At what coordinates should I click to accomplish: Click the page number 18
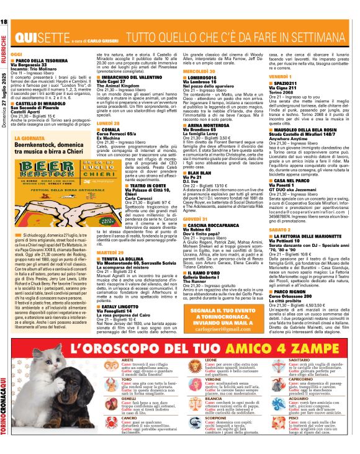(x=4, y=23)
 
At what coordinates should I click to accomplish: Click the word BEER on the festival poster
(x=38, y=170)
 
